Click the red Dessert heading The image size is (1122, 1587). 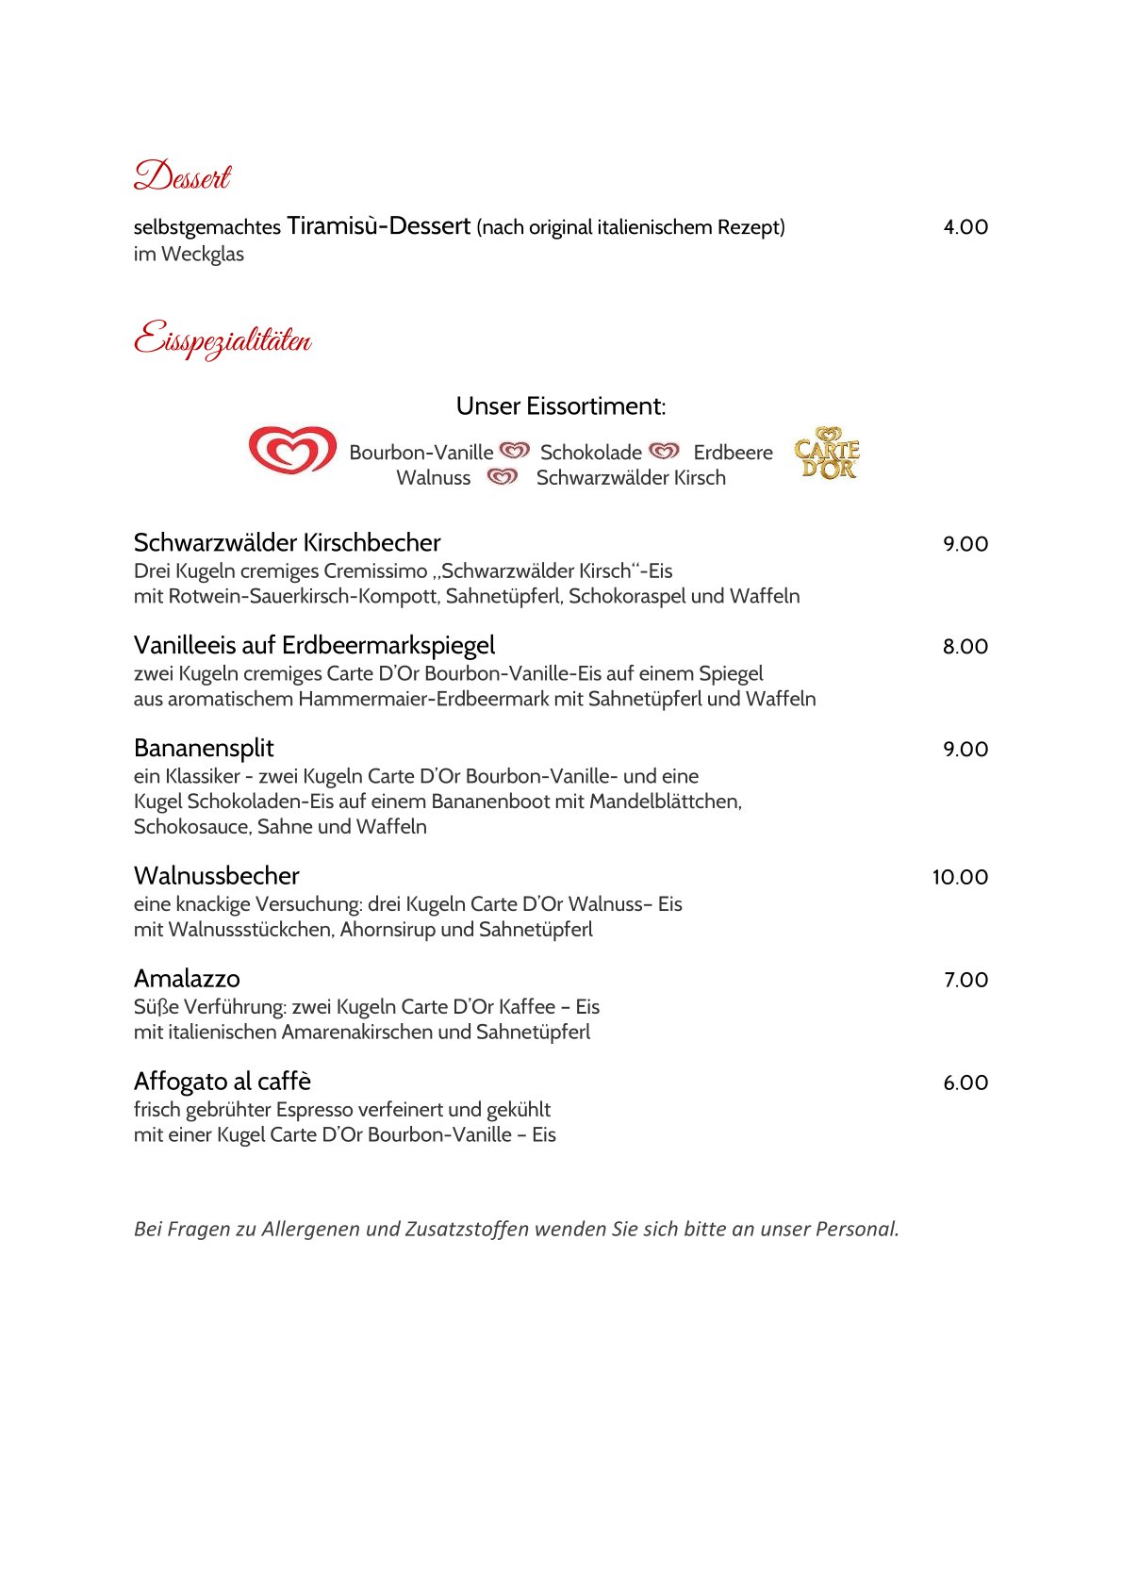click(182, 176)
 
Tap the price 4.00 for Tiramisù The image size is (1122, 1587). click(965, 227)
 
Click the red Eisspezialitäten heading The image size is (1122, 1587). click(223, 339)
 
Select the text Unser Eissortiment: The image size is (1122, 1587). click(560, 406)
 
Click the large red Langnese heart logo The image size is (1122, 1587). click(292, 450)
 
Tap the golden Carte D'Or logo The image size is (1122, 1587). click(827, 454)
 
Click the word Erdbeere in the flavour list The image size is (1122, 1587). click(733, 453)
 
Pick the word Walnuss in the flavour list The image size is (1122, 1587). click(433, 478)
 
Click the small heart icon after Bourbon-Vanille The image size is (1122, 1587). click(515, 452)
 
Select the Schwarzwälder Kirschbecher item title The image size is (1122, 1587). click(287, 543)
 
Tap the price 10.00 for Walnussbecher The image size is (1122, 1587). click(960, 877)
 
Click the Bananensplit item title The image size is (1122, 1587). click(204, 749)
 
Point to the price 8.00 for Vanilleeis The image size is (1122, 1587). click(965, 647)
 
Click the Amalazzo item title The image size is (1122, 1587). click(187, 979)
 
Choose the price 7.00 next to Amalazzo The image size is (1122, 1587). click(965, 981)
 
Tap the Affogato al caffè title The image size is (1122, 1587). click(223, 1082)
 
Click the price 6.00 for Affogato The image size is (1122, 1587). click(965, 1083)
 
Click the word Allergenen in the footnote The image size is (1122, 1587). click(310, 1230)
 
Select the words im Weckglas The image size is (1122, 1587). click(189, 255)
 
